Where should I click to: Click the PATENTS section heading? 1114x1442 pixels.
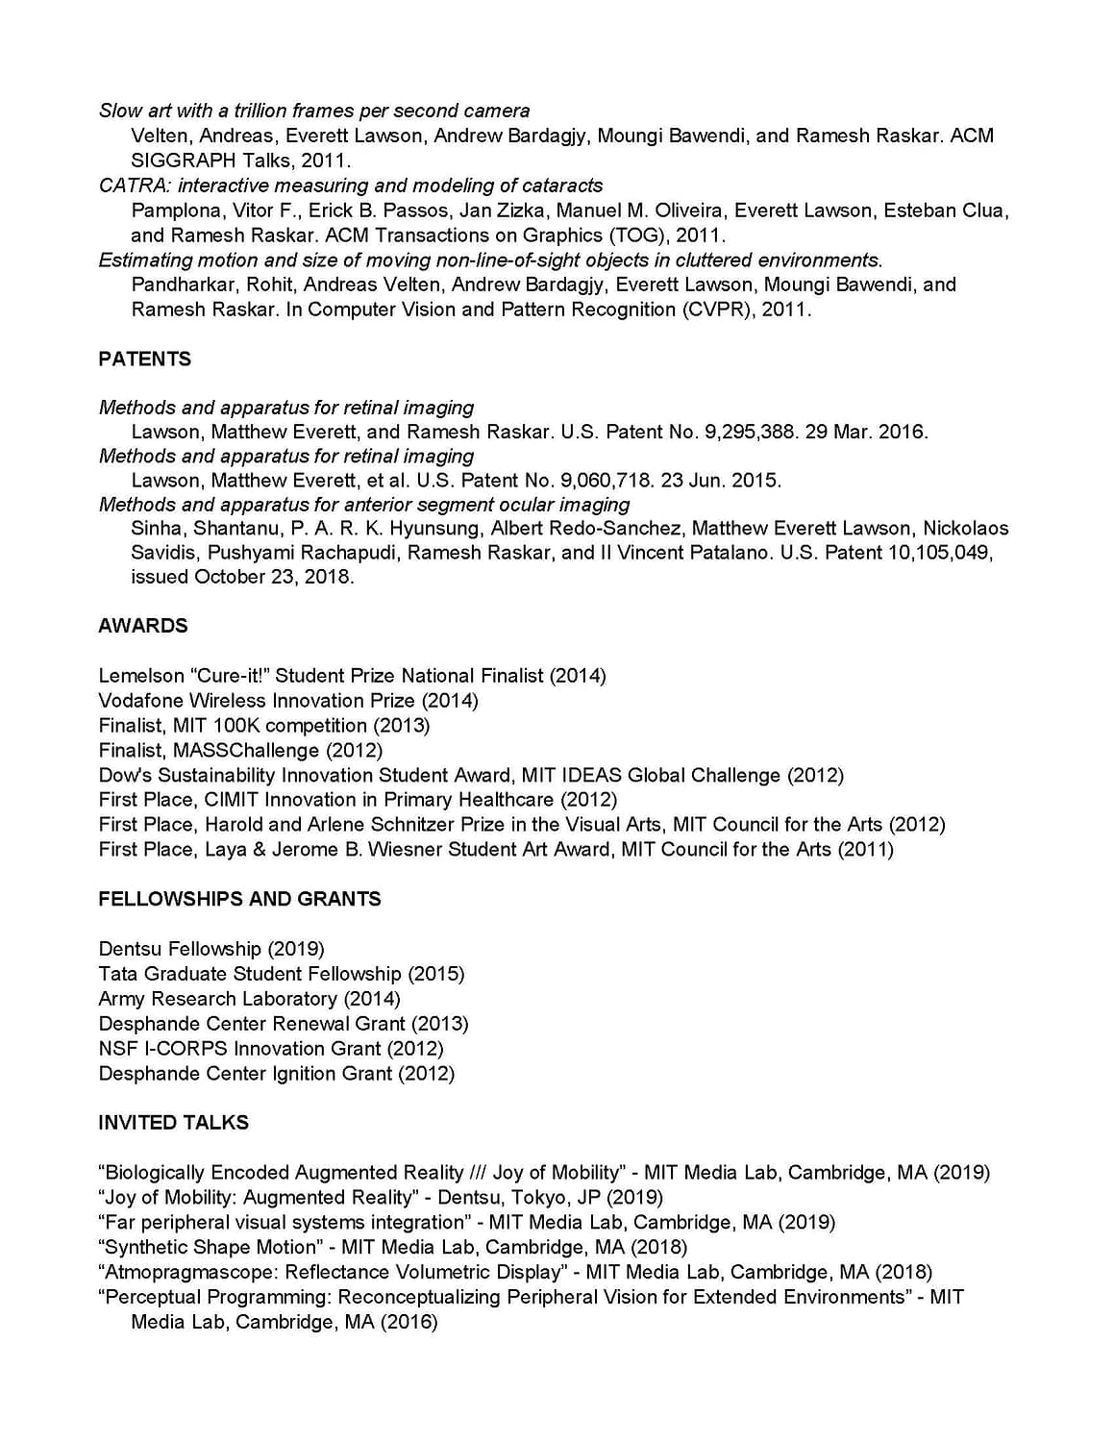(x=144, y=359)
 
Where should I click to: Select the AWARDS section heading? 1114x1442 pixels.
(x=142, y=626)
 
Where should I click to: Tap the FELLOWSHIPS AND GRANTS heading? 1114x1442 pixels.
(x=239, y=899)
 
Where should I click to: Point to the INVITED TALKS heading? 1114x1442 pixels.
(x=173, y=1123)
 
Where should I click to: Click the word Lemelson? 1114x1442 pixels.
(x=143, y=676)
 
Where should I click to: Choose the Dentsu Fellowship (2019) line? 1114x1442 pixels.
(x=211, y=949)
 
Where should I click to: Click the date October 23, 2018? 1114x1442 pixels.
(x=274, y=577)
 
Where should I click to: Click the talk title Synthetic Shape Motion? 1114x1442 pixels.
(x=210, y=1247)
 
